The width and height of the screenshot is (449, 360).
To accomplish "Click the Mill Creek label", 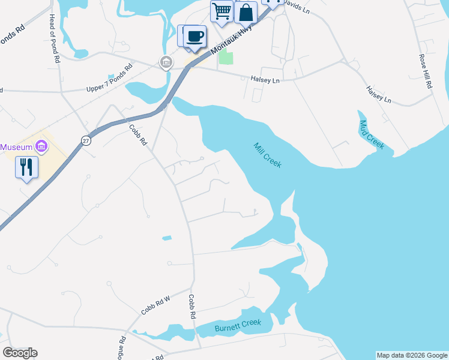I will tap(268, 155).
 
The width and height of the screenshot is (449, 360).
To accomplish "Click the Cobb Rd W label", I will tap(156, 304).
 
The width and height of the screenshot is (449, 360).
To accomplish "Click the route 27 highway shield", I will tap(86, 140).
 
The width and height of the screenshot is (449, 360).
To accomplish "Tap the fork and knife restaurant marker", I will tap(26, 167).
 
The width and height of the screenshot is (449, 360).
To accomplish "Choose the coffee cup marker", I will tap(194, 36).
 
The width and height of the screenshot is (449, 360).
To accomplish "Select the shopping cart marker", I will tap(222, 11).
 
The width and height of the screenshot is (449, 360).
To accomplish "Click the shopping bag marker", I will tap(246, 11).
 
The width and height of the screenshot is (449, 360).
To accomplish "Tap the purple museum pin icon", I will tap(41, 146).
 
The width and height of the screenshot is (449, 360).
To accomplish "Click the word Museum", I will tap(16, 147).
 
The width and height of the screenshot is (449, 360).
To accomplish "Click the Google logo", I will tap(20, 353).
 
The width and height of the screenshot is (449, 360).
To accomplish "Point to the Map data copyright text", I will tap(412, 355).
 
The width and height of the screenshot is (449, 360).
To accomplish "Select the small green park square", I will tap(226, 57).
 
